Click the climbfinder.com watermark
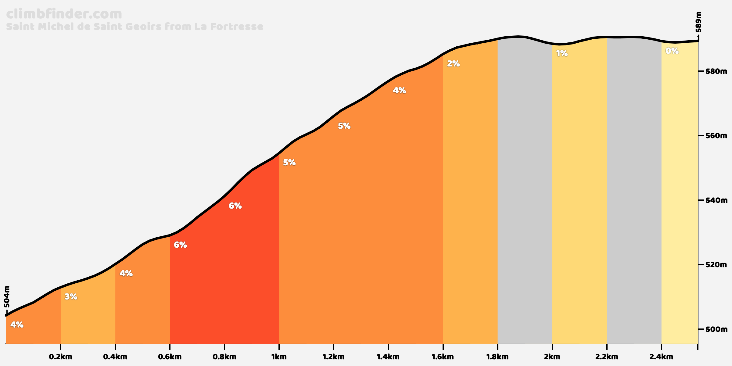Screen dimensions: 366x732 64,14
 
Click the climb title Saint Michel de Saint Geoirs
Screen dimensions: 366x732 135,27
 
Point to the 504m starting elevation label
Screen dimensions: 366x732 7,296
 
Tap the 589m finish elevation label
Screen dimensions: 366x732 698,22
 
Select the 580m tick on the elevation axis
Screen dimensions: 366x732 716,71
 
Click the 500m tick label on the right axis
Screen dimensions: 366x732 716,329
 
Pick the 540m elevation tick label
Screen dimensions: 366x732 716,200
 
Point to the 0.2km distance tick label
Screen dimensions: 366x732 61,357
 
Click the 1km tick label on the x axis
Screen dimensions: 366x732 279,357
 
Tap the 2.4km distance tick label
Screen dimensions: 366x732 661,357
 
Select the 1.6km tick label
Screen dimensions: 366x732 443,357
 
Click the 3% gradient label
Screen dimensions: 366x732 71,296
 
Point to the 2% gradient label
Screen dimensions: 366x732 453,64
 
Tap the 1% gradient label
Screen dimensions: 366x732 562,54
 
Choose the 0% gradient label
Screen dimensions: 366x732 672,51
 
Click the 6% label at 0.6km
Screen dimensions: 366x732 180,245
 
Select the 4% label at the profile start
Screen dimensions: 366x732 17,325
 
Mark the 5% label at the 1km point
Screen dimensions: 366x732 289,163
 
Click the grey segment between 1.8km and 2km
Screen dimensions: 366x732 525,195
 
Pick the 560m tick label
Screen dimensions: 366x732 716,136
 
